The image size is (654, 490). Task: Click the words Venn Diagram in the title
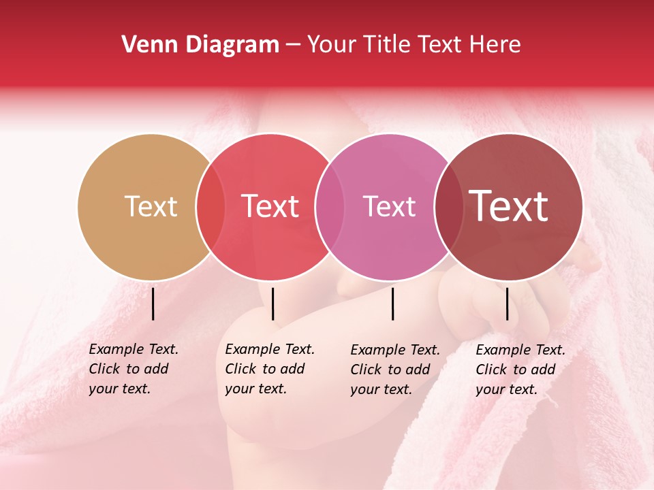pyautogui.click(x=200, y=45)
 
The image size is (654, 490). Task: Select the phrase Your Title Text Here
pyautogui.click(x=414, y=45)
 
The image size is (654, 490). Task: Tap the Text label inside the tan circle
pyautogui.click(x=151, y=206)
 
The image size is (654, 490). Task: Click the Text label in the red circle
pyautogui.click(x=270, y=206)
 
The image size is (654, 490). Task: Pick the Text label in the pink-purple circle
pyautogui.click(x=389, y=206)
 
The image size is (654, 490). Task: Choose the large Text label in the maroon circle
pyautogui.click(x=509, y=206)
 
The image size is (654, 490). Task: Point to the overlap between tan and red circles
pyautogui.click(x=211, y=206)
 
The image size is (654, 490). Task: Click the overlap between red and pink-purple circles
pyautogui.click(x=330, y=206)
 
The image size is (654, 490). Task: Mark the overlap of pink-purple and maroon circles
pyautogui.click(x=448, y=206)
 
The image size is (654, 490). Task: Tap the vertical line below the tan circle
pyautogui.click(x=153, y=304)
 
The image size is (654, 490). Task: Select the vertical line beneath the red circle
pyautogui.click(x=272, y=304)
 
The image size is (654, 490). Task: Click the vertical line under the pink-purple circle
pyautogui.click(x=393, y=304)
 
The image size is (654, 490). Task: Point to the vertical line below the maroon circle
pyautogui.click(x=507, y=304)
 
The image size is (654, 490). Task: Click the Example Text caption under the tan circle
pyautogui.click(x=134, y=369)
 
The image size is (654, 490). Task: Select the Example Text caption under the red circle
pyautogui.click(x=270, y=369)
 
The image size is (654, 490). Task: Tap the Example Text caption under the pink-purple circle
pyautogui.click(x=395, y=370)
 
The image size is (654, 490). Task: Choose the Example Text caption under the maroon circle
pyautogui.click(x=520, y=370)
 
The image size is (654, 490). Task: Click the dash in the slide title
pyautogui.click(x=293, y=46)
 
